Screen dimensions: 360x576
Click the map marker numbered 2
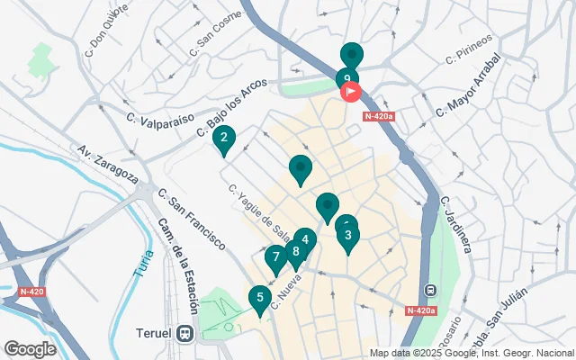tap(223, 139)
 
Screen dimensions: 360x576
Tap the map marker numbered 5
tap(260, 298)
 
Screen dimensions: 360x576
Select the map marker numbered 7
tap(276, 257)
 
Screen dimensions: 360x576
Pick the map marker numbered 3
tap(348, 236)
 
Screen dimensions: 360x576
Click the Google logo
tap(30, 349)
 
